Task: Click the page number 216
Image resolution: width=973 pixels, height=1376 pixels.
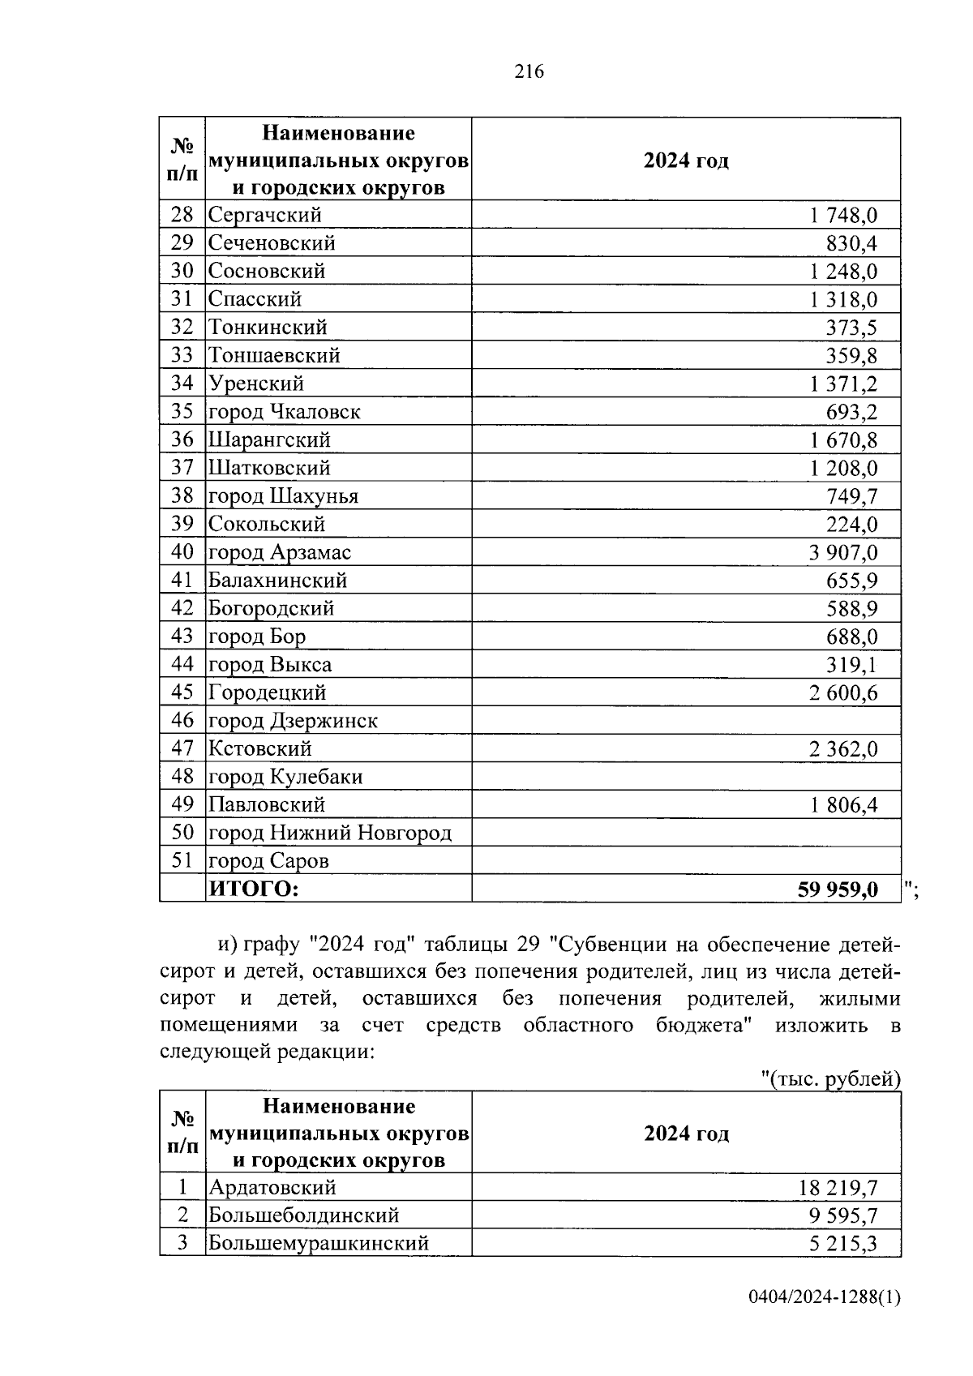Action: (529, 72)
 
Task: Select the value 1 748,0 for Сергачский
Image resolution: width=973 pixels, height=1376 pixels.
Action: (842, 216)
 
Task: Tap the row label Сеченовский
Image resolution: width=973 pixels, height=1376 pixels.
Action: (272, 243)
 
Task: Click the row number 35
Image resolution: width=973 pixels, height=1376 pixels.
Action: (182, 411)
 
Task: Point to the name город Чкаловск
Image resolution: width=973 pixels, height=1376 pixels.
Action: (284, 412)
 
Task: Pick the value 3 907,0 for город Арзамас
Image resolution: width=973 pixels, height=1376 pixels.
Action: (842, 553)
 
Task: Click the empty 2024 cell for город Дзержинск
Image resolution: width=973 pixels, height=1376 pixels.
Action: (685, 721)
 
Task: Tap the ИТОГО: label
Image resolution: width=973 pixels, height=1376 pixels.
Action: (254, 889)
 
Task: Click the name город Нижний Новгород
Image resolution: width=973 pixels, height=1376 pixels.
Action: (330, 833)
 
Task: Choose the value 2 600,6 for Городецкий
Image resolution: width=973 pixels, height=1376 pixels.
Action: (842, 693)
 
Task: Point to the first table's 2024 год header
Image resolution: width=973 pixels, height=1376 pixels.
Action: (686, 161)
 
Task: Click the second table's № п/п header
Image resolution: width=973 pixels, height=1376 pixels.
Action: (182, 1133)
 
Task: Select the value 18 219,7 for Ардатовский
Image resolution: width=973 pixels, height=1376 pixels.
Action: (838, 1189)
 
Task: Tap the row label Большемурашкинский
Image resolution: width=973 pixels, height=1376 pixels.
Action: (319, 1243)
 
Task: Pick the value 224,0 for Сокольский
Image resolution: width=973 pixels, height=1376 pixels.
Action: (851, 525)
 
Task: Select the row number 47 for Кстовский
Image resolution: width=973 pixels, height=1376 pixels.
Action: (182, 748)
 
